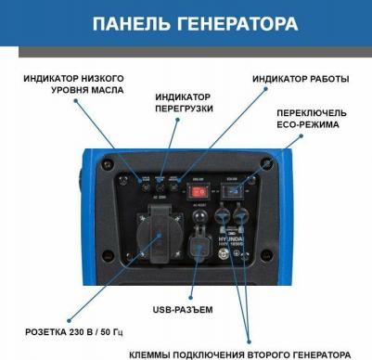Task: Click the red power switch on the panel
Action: pyautogui.click(x=196, y=193)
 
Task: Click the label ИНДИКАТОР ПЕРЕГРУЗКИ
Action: pyautogui.click(x=184, y=102)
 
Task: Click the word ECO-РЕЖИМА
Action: pyautogui.click(x=307, y=124)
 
